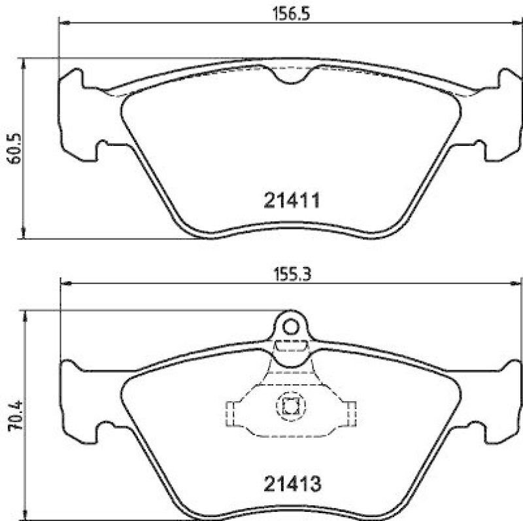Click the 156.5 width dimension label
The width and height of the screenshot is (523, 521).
tap(288, 13)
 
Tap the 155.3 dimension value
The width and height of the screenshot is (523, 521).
tap(288, 275)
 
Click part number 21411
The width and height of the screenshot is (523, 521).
tap(292, 200)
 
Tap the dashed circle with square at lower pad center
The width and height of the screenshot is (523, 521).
tap(290, 406)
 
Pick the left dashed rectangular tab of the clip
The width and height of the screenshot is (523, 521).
tap(230, 412)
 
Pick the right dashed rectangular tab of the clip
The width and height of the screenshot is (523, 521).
tap(352, 412)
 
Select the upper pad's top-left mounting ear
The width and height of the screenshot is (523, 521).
tap(73, 82)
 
